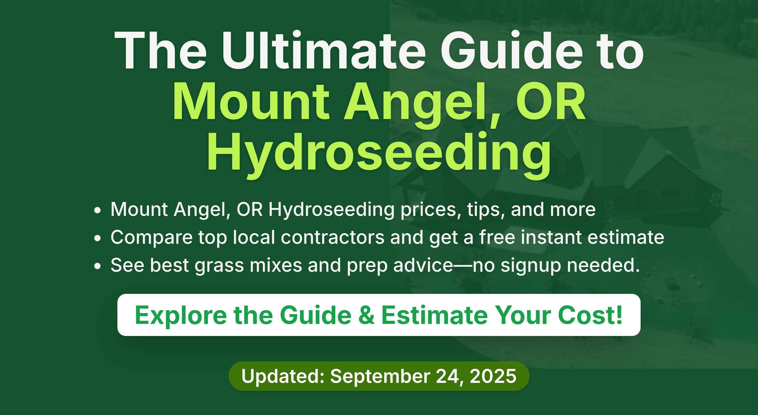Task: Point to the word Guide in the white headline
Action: tap(512, 50)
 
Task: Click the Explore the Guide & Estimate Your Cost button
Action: tap(379, 315)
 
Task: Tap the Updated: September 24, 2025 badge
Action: tap(379, 376)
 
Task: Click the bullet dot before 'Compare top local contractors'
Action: tap(97, 238)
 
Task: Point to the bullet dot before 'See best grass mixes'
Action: tap(97, 266)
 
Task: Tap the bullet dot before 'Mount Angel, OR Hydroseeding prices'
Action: tap(97, 210)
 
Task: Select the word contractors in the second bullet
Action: tap(332, 237)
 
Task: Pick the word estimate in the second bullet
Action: tap(626, 237)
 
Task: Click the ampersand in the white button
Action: tap(367, 315)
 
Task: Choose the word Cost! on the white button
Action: tap(590, 315)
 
